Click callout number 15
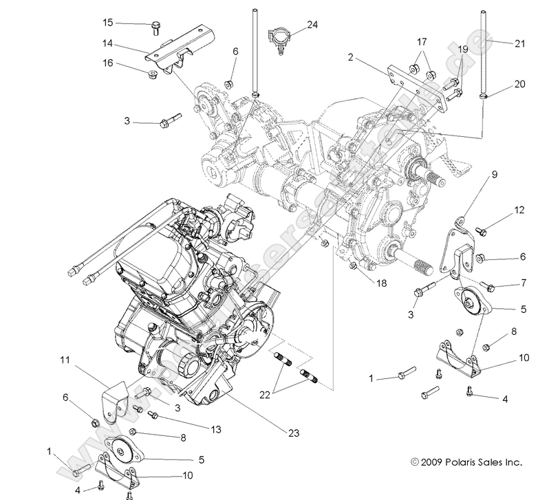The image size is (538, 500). pyautogui.click(x=107, y=23)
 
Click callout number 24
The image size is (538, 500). pyautogui.click(x=312, y=25)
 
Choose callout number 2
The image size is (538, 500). pyautogui.click(x=351, y=58)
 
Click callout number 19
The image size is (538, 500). pyautogui.click(x=462, y=50)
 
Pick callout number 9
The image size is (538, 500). pyautogui.click(x=474, y=175)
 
